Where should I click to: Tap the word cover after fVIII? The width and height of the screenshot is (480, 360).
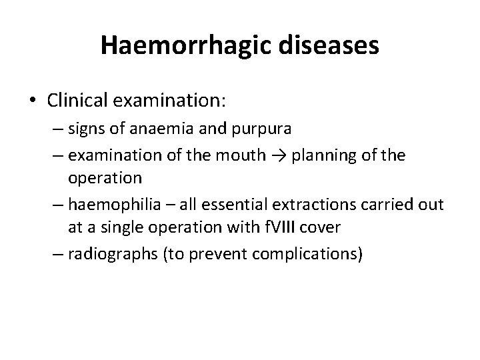321,227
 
